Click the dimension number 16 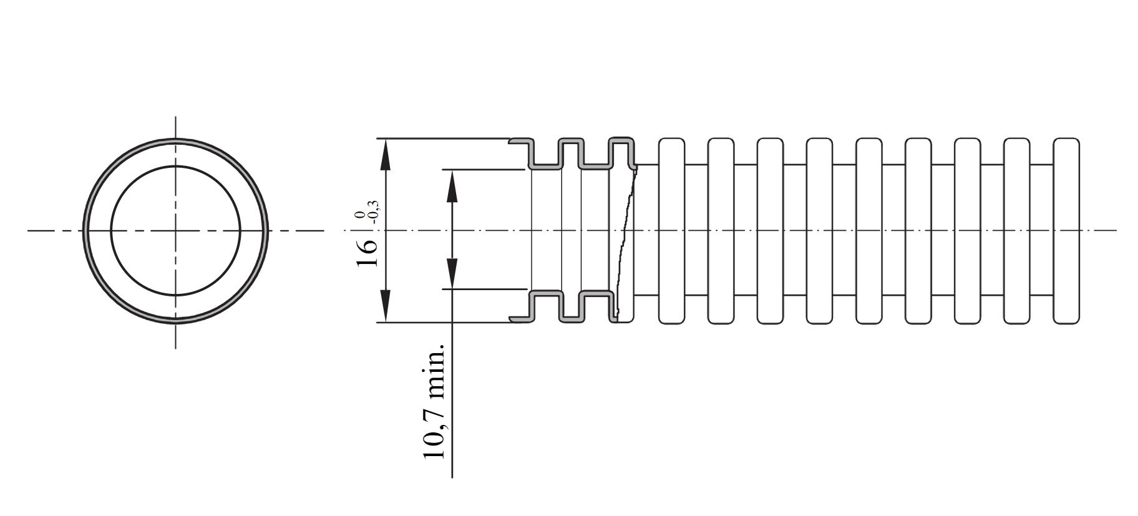[367, 253]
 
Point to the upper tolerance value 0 [359, 215]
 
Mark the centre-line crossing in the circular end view [175, 231]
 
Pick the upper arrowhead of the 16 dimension [386, 155]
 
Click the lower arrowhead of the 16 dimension [386, 306]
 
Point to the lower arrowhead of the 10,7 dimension [452, 273]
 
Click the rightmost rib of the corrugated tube [1066, 231]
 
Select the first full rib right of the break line [671, 231]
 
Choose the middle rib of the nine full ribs [869, 231]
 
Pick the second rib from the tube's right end [1017, 231]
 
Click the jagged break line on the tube [625, 243]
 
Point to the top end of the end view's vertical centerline [175, 116]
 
